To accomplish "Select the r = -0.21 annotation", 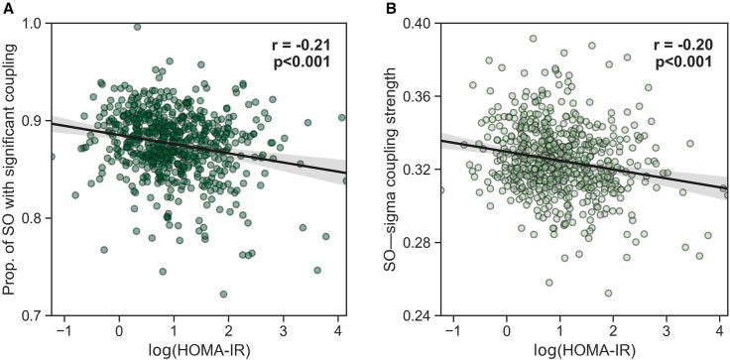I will coord(302,46).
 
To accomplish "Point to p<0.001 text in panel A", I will coord(302,65).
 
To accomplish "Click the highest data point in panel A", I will coord(137,27).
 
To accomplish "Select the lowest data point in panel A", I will coord(223,295).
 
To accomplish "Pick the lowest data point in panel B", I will coord(608,294).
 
